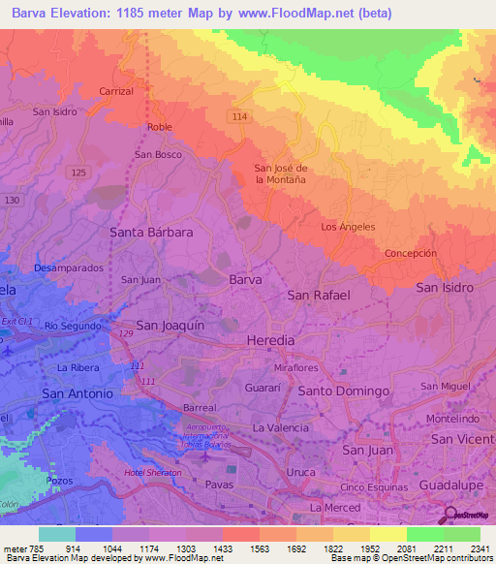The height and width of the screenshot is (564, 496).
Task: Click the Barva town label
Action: [245, 279]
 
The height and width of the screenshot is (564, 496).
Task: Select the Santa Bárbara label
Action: [152, 233]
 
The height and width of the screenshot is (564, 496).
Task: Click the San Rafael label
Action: [319, 295]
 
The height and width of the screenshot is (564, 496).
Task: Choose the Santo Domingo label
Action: [344, 391]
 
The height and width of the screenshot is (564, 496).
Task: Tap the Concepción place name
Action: [411, 253]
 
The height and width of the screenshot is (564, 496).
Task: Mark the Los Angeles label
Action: [348, 227]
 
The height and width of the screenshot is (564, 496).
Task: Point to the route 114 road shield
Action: [239, 115]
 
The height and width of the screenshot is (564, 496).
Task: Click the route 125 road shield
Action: [79, 172]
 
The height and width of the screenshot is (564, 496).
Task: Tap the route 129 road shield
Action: [126, 333]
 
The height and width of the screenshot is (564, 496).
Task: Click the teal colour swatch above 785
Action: [56, 534]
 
